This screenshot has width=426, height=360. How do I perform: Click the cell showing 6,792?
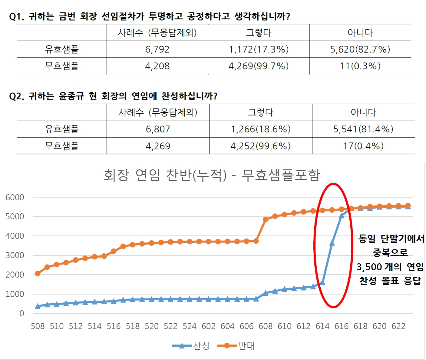(x=157, y=49)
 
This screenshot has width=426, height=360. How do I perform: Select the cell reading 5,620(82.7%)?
(x=360, y=49)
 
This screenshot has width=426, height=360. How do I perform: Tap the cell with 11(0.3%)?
(x=360, y=66)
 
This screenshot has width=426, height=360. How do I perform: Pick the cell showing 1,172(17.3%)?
(x=259, y=49)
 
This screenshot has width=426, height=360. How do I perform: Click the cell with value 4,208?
(x=157, y=66)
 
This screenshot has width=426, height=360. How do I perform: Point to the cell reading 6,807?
(x=158, y=129)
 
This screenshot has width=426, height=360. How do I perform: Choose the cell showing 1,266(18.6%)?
(x=260, y=129)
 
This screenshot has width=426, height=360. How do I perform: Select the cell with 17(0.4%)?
(x=363, y=146)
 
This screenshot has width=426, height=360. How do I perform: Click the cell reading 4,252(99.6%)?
(x=260, y=146)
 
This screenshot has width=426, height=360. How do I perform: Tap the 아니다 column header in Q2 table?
(x=363, y=112)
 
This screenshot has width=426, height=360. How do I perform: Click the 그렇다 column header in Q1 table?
(x=259, y=32)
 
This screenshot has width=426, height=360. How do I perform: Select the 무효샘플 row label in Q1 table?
(x=61, y=66)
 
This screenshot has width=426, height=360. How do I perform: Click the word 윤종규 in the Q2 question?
(x=71, y=96)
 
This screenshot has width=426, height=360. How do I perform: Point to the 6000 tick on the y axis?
(x=15, y=197)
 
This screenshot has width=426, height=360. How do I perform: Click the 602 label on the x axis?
(x=209, y=326)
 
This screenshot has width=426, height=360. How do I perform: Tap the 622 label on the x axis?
(x=398, y=326)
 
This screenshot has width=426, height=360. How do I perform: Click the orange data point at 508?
(x=38, y=273)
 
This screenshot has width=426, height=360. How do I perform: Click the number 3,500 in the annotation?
(x=369, y=267)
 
